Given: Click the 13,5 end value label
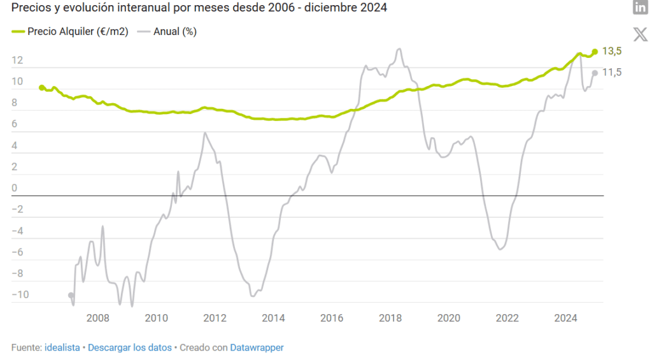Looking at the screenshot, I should [x=611, y=52].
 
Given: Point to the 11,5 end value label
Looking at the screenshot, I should [x=611, y=73].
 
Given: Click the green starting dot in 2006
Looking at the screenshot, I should [x=42, y=87].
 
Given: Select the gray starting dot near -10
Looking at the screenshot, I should [x=71, y=295].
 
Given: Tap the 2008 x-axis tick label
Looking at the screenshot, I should [x=97, y=318].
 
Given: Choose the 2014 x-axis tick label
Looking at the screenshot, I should [x=273, y=318].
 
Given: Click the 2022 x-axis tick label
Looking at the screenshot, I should [x=507, y=318].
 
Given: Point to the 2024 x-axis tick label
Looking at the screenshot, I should [x=566, y=318].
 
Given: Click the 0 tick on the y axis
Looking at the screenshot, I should [x=15, y=188].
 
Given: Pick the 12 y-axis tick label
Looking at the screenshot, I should [x=17, y=61].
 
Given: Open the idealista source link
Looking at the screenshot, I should [x=62, y=347].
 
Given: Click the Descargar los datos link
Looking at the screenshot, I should [x=130, y=347].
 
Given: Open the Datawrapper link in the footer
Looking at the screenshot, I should [x=257, y=347].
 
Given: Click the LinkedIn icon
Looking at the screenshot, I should [x=640, y=8].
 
